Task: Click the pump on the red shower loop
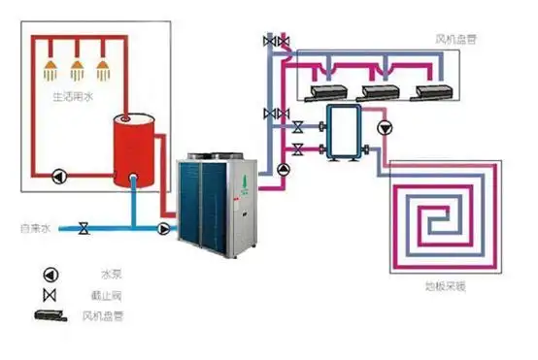(59, 177)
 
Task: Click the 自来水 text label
(34, 229)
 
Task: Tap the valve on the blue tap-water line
(84, 229)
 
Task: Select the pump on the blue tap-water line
(163, 229)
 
